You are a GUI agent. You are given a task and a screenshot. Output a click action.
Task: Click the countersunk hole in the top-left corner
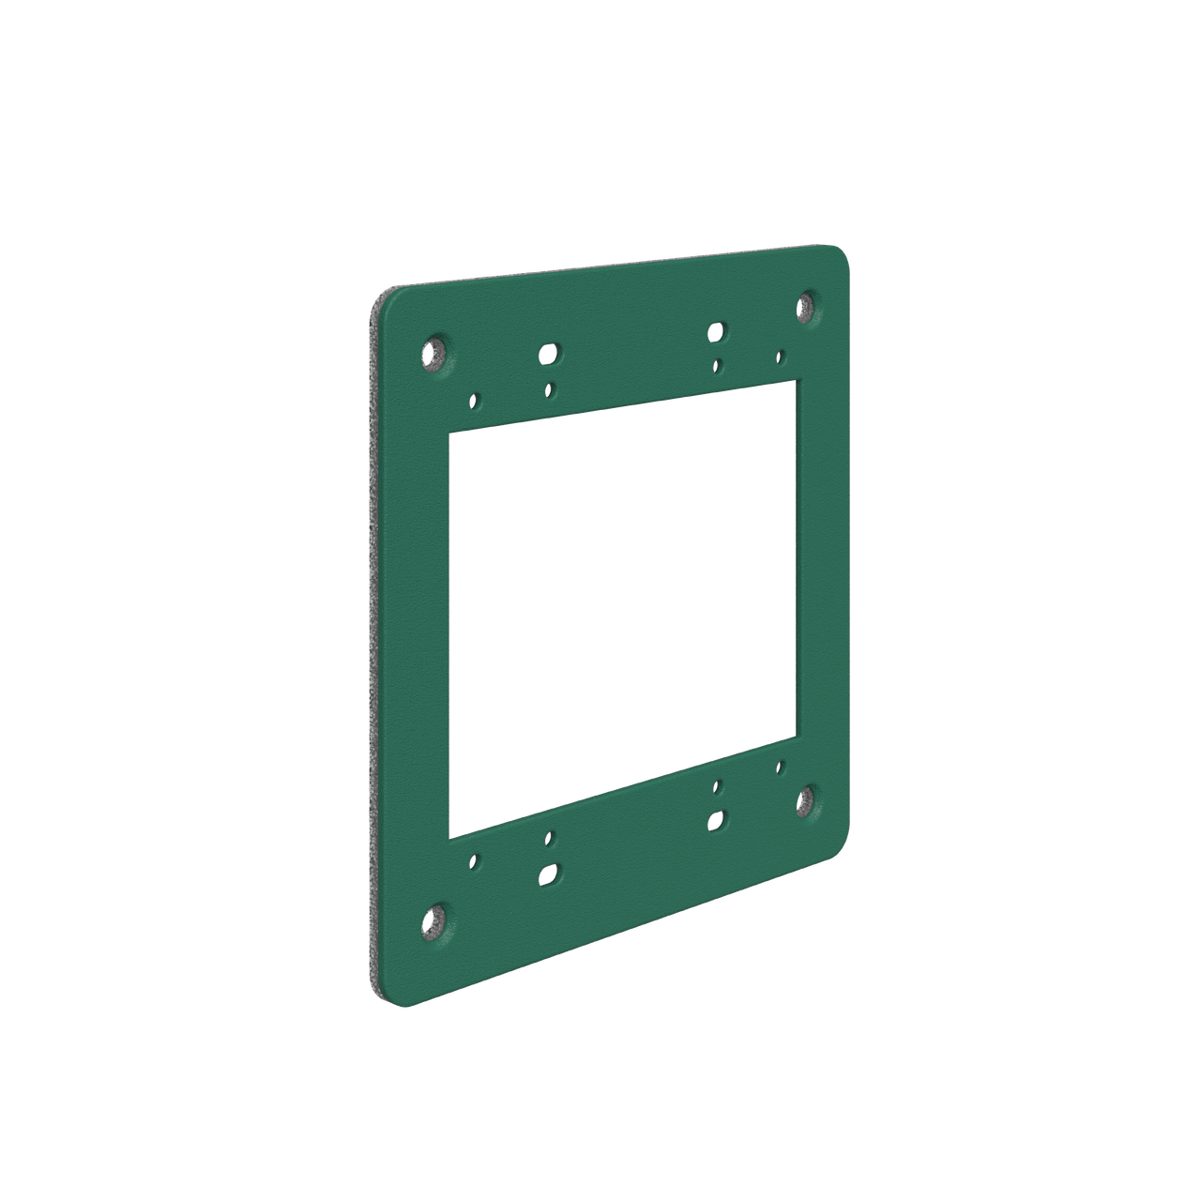pos(433,353)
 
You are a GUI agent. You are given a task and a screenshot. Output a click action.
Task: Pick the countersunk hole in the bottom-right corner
pos(807,798)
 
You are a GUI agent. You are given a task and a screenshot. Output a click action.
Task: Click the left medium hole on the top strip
pos(547,354)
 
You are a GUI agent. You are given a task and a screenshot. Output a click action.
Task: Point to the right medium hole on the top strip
pos(716,331)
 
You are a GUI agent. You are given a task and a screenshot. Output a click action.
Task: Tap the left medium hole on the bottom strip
pos(547,875)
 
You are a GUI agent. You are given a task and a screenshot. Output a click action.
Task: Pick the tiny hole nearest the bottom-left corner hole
pos(475,859)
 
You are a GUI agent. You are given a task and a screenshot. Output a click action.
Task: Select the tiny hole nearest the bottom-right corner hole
pos(780,766)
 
